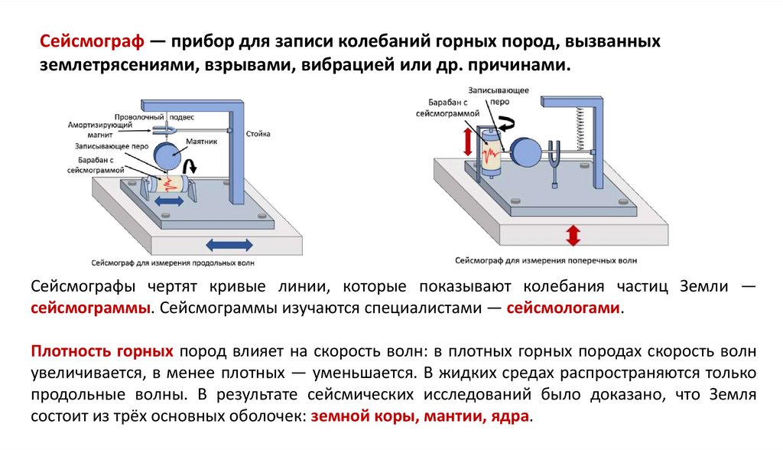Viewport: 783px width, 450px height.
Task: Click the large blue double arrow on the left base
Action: [x=229, y=245]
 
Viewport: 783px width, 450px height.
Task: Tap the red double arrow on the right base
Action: [x=570, y=234]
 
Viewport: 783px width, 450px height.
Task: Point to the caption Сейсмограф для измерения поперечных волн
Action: [x=545, y=261]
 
